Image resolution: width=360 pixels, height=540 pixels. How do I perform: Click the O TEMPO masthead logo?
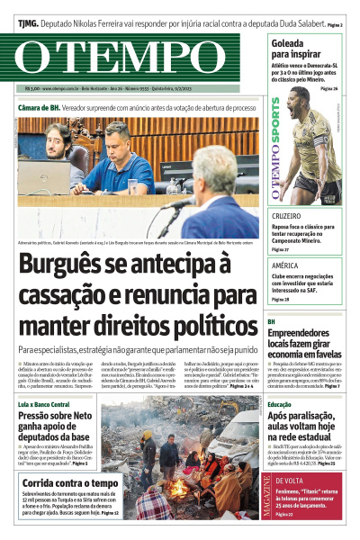click(x=135, y=58)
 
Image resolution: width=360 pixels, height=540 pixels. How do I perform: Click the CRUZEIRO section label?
click(x=286, y=217)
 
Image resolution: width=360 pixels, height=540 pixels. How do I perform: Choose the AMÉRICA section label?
click(x=284, y=266)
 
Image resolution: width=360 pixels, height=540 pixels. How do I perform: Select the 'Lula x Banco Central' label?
click(x=43, y=381)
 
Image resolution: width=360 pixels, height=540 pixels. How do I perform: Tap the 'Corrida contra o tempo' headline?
click(x=70, y=483)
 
